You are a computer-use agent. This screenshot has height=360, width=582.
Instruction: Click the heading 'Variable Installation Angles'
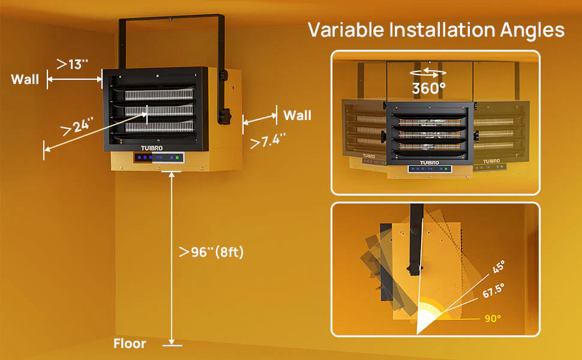pos(436,29)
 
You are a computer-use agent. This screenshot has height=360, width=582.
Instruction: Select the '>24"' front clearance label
pos(78,126)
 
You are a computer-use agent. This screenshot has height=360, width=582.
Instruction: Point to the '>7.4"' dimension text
pos(268,142)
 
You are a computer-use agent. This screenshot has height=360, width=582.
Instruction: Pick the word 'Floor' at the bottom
pos(130,344)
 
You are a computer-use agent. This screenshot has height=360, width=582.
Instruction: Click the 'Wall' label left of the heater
pos(25,79)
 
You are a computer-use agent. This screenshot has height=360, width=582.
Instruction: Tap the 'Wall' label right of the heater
pos(297,115)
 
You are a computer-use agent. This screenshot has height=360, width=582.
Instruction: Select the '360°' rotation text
pos(428,88)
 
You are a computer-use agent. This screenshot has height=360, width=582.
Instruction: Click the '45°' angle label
pos(499,267)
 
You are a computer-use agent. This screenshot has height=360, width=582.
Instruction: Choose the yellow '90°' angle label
pos(493,319)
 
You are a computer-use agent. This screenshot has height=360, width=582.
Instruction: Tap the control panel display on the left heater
pos(159,158)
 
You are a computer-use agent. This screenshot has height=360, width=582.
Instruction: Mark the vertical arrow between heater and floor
pos(172,258)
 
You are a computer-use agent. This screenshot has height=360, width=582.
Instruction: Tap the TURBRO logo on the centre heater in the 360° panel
pos(429,162)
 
